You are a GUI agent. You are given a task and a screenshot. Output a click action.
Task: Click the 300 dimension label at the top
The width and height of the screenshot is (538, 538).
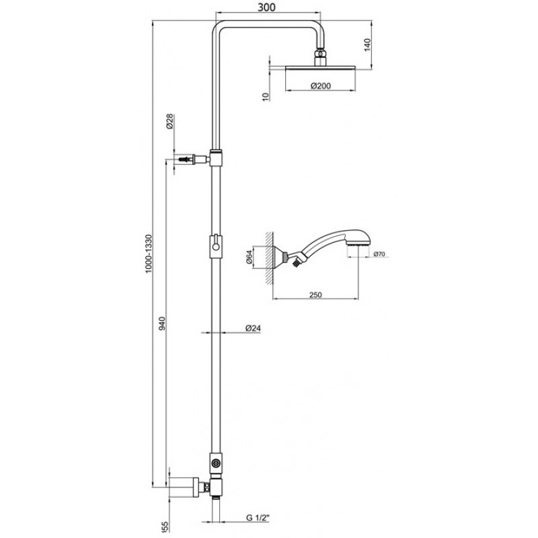(266, 7)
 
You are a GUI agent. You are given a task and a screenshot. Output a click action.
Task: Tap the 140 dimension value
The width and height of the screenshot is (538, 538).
(367, 45)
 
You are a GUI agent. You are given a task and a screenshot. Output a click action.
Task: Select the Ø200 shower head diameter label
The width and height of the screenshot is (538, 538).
(321, 86)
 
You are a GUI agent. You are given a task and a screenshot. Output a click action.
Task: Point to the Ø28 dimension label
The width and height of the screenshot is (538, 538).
(170, 121)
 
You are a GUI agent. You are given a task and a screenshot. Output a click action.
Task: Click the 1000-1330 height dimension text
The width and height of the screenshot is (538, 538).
(148, 254)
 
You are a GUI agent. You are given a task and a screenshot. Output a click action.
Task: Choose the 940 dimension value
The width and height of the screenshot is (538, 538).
(162, 323)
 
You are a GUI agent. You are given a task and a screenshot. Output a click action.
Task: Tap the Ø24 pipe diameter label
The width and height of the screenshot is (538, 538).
(254, 328)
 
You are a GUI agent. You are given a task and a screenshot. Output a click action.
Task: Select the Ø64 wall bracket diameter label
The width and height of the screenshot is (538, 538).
(249, 257)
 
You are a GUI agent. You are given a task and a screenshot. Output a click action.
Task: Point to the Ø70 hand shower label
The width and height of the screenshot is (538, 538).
(379, 254)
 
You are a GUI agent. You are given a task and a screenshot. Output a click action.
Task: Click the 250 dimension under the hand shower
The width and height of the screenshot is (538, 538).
(315, 295)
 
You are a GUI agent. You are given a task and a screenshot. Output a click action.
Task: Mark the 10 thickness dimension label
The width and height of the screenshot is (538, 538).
(266, 97)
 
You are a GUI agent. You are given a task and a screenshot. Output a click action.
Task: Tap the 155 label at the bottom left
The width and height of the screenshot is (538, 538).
(164, 529)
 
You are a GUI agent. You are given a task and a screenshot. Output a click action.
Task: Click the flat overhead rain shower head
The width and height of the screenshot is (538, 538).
(321, 68)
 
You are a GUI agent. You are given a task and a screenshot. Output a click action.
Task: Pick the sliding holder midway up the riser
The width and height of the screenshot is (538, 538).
(216, 245)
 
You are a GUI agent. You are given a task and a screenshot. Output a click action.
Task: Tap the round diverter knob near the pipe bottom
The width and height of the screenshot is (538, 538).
(216, 463)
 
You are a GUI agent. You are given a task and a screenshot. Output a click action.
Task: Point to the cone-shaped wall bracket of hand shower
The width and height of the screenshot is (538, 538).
(278, 257)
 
